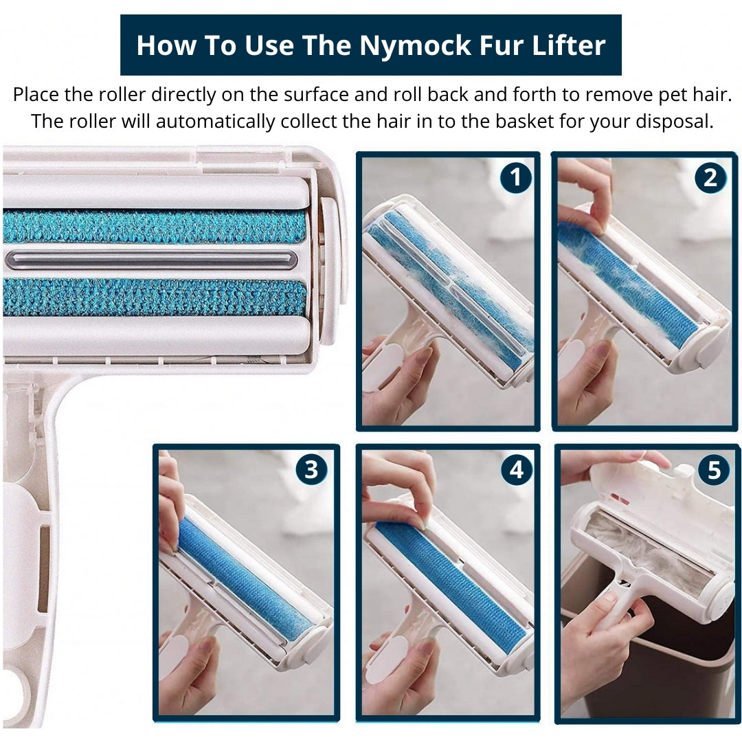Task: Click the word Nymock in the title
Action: pos(415,46)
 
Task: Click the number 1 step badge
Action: pos(515,177)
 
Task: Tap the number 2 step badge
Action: pos(710,177)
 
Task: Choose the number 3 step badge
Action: pos(311,470)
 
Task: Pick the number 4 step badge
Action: pos(516,470)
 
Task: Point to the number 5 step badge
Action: pos(714,470)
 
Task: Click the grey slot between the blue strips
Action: pos(151,260)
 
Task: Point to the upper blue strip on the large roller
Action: pos(155,226)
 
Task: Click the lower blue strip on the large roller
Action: pos(155,297)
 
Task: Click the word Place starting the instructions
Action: pos(36,95)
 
